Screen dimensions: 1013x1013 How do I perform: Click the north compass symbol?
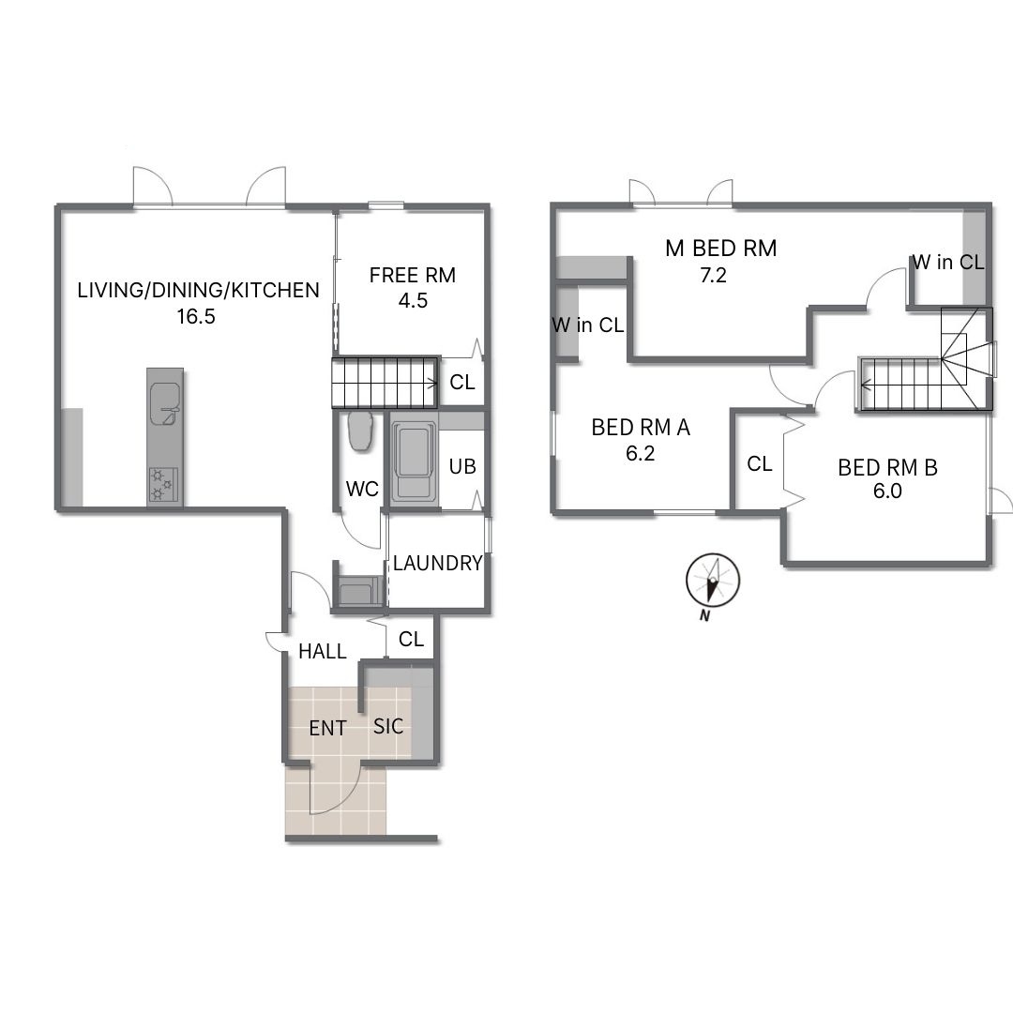pyautogui.click(x=713, y=581)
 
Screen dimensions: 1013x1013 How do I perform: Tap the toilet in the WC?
pyautogui.click(x=360, y=431)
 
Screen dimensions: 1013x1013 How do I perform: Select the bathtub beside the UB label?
pyautogui.click(x=415, y=461)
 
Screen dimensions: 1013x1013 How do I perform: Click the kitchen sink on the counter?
pyautogui.click(x=165, y=404)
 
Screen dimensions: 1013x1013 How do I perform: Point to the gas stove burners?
pyautogui.click(x=162, y=485)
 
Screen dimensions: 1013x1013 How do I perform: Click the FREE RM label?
pyautogui.click(x=412, y=275)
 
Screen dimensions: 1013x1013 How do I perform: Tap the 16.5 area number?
pyautogui.click(x=196, y=317)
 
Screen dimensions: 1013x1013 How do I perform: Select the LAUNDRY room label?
pyautogui.click(x=437, y=563)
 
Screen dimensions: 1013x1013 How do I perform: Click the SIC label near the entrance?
pyautogui.click(x=388, y=726)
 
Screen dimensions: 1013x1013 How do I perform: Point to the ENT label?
pyautogui.click(x=327, y=728)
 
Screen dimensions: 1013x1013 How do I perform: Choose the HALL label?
pyautogui.click(x=323, y=651)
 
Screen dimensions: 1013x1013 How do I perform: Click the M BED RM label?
pyautogui.click(x=721, y=248)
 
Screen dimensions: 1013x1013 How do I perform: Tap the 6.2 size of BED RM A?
pyautogui.click(x=640, y=454)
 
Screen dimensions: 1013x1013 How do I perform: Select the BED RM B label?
pyautogui.click(x=887, y=467)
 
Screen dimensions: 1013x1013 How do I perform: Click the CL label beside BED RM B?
pyautogui.click(x=759, y=463)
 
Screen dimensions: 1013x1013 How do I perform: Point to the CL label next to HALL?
pyautogui.click(x=411, y=639)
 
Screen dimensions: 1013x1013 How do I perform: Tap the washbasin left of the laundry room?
pyautogui.click(x=359, y=591)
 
